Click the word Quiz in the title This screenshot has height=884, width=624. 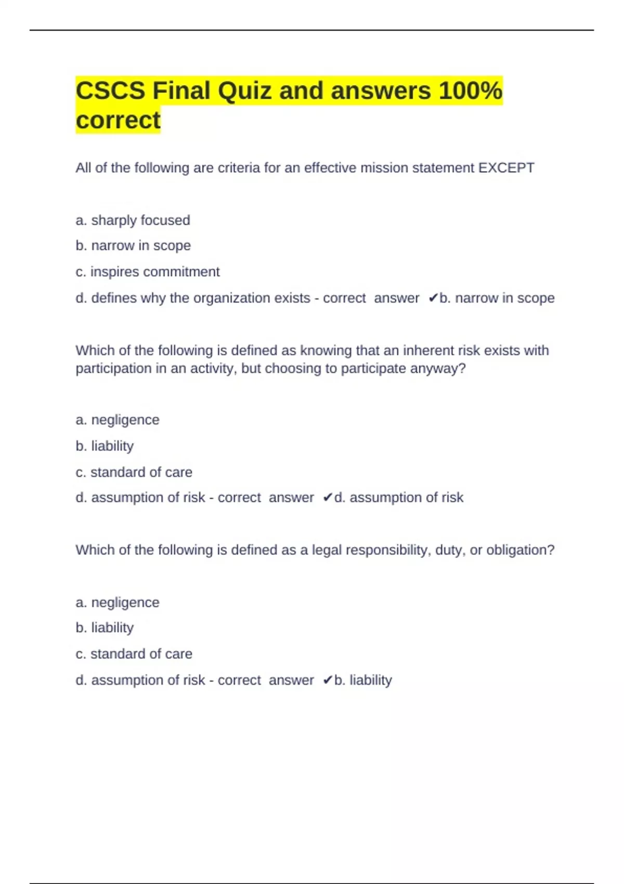pos(244,91)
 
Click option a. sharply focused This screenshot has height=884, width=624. pos(133,220)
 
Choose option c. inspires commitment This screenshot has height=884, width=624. pos(148,272)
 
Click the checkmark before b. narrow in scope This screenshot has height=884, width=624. pos(433,298)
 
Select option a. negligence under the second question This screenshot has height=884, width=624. pos(118,420)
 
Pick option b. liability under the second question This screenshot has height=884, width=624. pos(105,446)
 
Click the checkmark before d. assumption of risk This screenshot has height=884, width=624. pos(327,498)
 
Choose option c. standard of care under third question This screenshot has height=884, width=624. pos(134,654)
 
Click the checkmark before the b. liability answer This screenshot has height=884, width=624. pos(327,680)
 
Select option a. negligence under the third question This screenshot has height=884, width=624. pos(118,602)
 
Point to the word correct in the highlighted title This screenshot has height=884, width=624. pos(118,121)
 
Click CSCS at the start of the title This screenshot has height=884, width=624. pos(110,91)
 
